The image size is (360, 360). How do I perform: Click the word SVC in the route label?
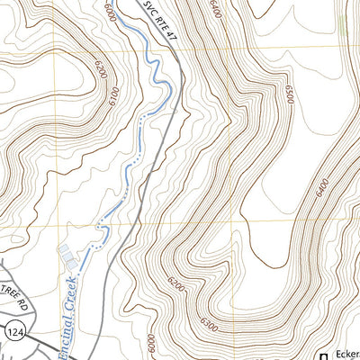coord(148,9)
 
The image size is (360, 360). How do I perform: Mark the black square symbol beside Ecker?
coord(325,355)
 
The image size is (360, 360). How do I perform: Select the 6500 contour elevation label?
coord(290,94)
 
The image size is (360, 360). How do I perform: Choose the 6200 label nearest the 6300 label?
coord(176,288)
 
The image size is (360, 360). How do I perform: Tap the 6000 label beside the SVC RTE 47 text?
coord(110,13)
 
